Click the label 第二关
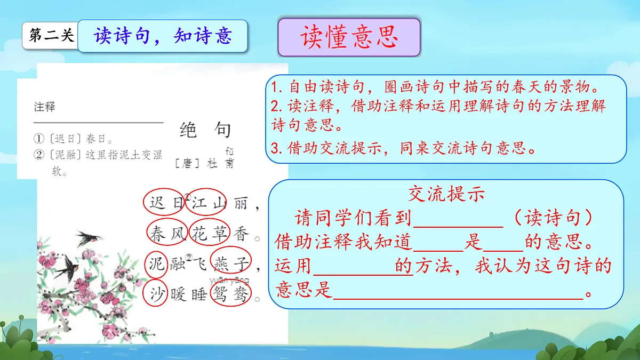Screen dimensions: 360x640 (51, 36)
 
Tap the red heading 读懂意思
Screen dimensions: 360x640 (349, 37)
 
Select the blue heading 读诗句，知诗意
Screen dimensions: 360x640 (163, 36)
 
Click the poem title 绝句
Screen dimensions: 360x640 (205, 130)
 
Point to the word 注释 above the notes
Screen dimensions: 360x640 (44, 107)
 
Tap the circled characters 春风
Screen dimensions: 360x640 (166, 233)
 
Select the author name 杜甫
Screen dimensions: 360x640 (220, 163)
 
